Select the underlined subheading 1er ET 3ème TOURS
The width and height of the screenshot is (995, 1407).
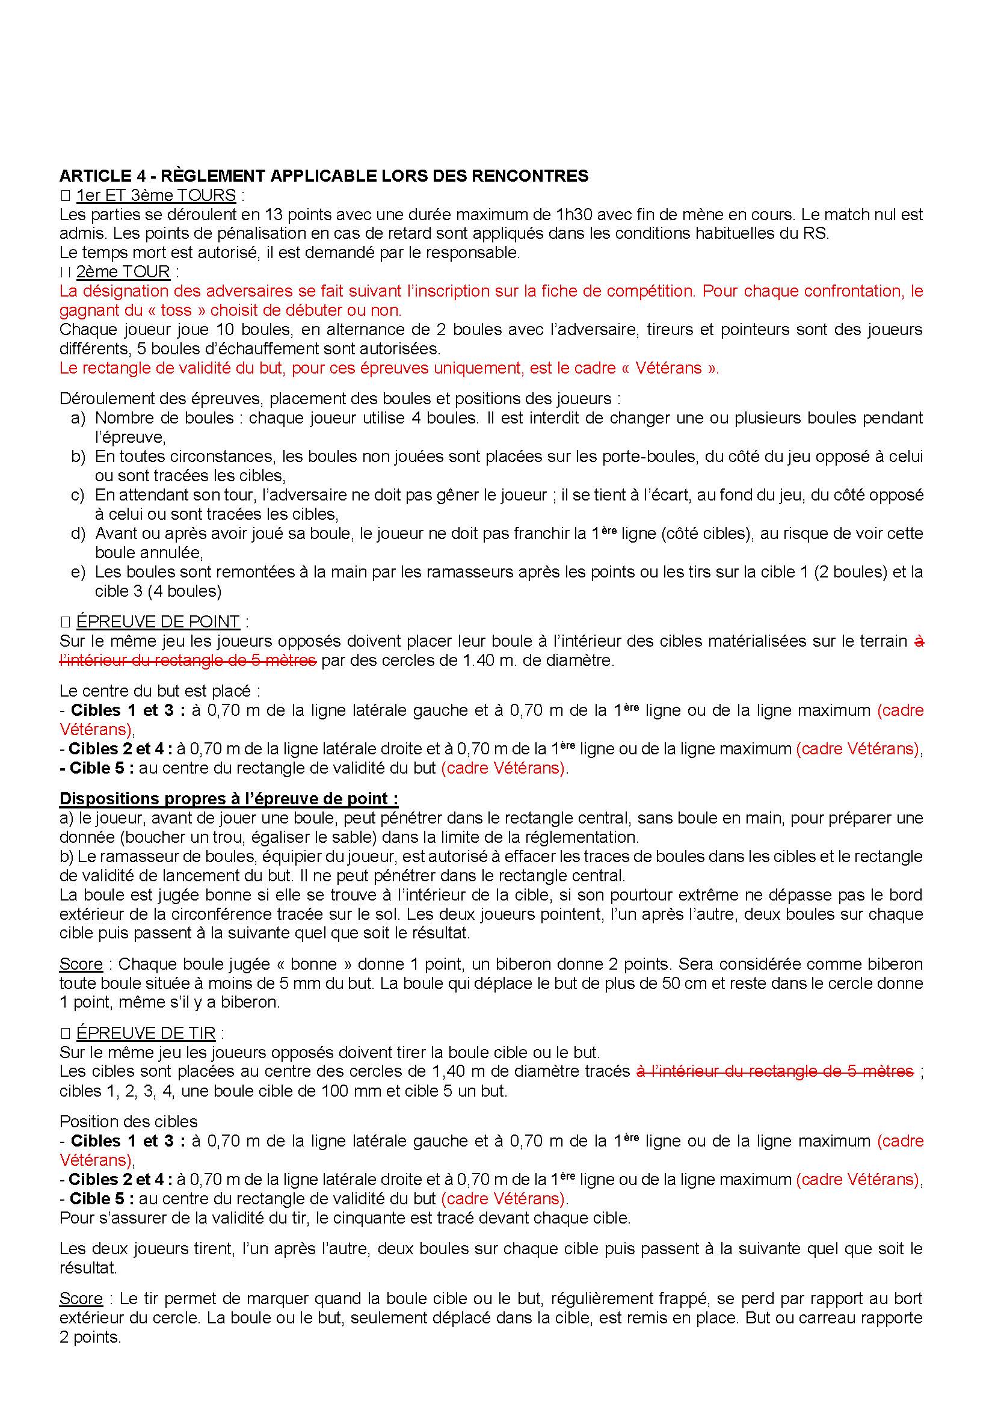coord(156,196)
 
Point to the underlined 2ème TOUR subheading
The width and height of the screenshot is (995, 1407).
coord(123,271)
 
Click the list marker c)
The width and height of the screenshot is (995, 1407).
coord(78,494)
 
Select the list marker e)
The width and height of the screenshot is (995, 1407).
coord(78,571)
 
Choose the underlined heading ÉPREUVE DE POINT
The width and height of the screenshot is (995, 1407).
coord(158,621)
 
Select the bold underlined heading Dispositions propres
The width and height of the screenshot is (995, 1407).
coord(229,798)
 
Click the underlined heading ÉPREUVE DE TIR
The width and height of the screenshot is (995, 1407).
coord(146,1033)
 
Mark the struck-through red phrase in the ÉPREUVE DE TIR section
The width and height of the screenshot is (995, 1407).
coord(775,1071)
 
